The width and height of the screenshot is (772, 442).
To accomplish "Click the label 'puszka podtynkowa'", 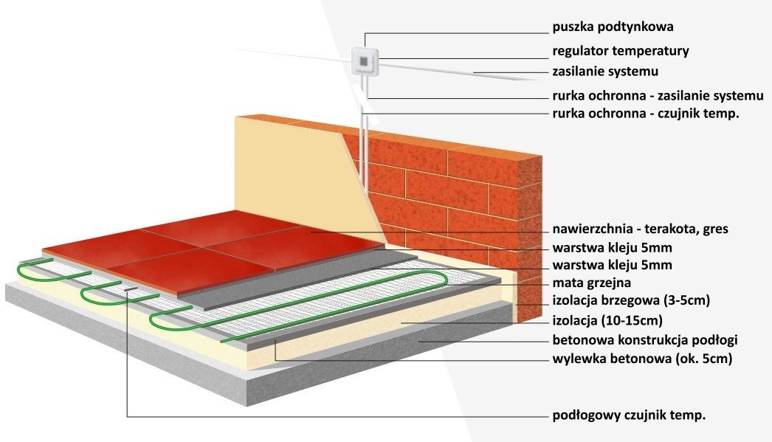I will pyautogui.click(x=613, y=27).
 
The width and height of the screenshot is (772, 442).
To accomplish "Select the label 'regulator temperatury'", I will pyautogui.click(x=621, y=51).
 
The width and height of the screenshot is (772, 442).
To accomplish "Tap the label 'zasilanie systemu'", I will pyautogui.click(x=605, y=72).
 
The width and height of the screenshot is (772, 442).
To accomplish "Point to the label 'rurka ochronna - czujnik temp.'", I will pyautogui.click(x=646, y=113).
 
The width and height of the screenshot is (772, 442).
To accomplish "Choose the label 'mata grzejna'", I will pyautogui.click(x=591, y=283).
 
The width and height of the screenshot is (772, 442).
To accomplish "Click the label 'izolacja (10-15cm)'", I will pyautogui.click(x=607, y=320).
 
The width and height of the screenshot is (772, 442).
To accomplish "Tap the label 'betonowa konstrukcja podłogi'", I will pyautogui.click(x=645, y=340).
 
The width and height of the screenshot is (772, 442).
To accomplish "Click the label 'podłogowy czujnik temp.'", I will pyautogui.click(x=629, y=415).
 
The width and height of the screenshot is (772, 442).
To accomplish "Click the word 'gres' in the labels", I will pyautogui.click(x=714, y=229).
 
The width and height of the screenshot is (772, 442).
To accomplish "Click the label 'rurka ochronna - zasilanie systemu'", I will pyautogui.click(x=658, y=96).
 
